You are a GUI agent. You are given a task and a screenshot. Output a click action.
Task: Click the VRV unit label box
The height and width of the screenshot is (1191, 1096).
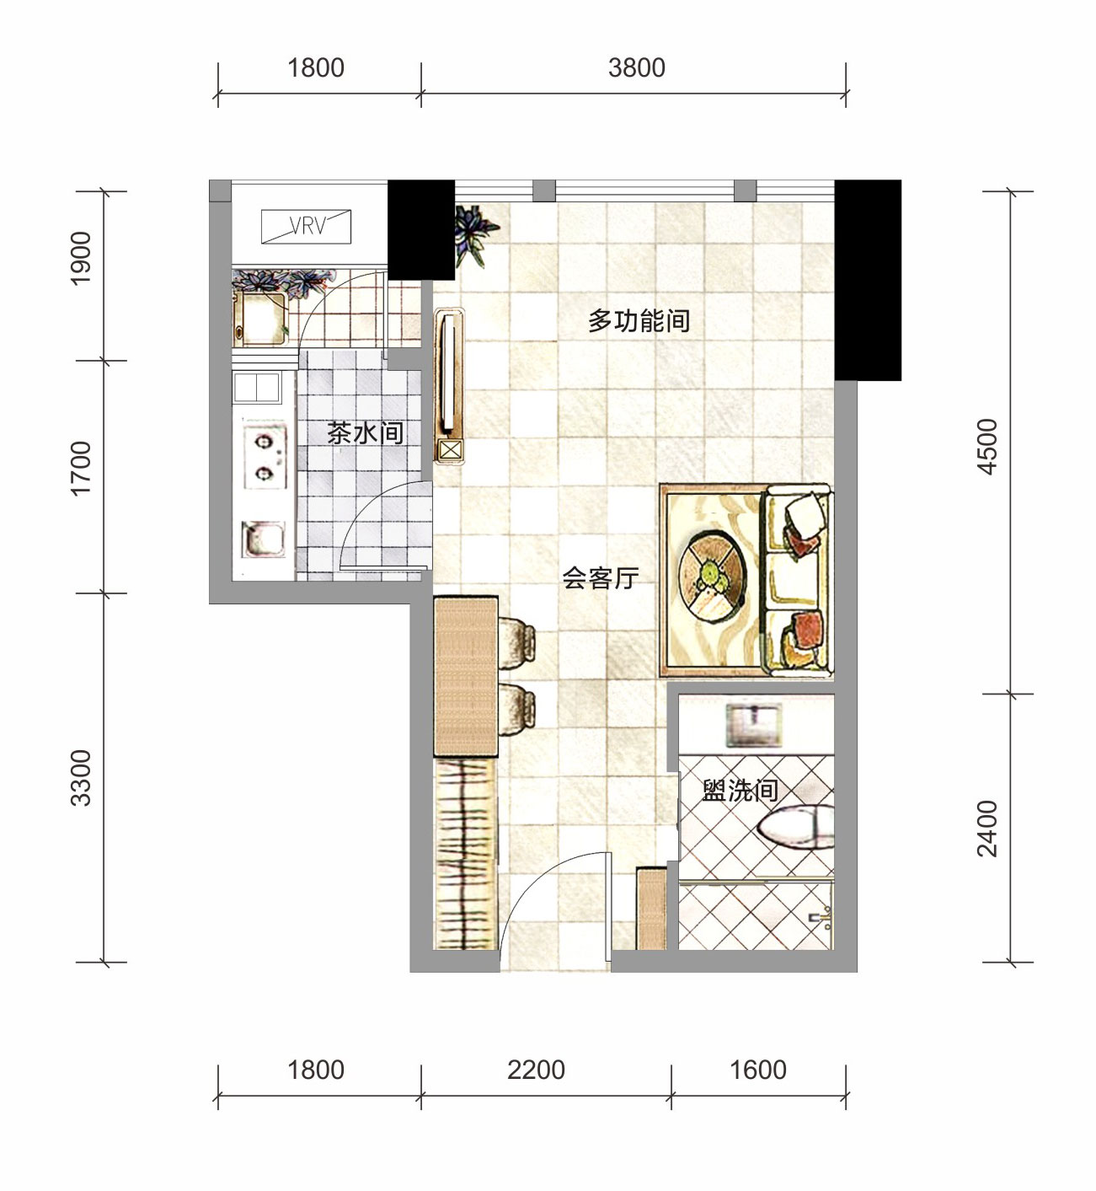tap(306, 226)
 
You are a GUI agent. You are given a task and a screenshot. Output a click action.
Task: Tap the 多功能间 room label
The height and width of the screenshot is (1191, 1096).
tap(639, 321)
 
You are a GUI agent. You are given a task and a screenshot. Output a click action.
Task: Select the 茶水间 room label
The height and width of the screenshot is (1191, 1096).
tap(365, 433)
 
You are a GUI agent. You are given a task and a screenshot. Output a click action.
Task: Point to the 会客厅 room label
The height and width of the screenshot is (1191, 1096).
tap(600, 577)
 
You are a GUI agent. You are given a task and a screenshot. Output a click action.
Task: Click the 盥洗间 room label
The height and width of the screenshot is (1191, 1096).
tap(740, 791)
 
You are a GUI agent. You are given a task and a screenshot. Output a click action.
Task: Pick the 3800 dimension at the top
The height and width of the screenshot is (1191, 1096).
tap(636, 68)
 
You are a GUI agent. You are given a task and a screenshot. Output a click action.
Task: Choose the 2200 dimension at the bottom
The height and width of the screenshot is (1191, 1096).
tap(536, 1070)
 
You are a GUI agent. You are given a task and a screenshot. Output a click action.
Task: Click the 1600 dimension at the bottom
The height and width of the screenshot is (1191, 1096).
tap(758, 1070)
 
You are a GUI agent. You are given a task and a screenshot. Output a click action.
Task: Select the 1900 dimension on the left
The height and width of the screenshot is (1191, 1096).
tap(81, 258)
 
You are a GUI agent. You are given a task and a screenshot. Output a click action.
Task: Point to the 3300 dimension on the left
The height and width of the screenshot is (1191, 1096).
tap(81, 778)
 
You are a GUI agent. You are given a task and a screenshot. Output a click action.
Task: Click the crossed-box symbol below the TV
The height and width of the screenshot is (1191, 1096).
tap(451, 451)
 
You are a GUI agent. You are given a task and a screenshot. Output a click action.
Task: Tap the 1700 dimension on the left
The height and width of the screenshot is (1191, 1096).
tap(81, 468)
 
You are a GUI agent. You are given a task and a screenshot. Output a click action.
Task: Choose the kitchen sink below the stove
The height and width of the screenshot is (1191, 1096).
tap(263, 539)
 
